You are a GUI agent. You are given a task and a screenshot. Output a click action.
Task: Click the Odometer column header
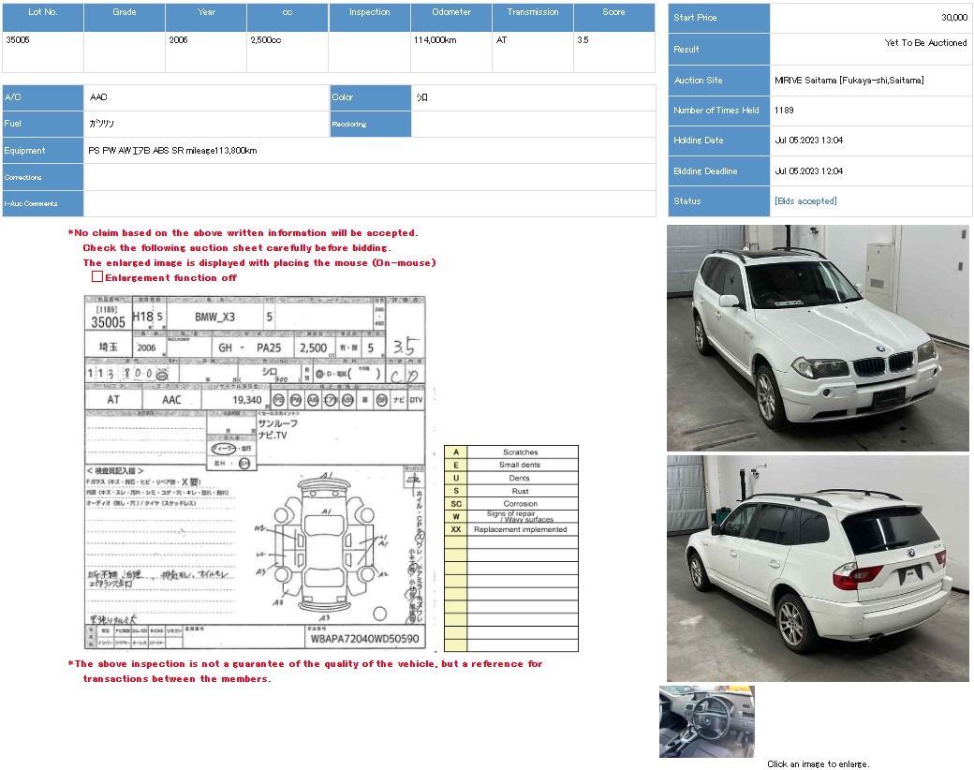tap(451, 13)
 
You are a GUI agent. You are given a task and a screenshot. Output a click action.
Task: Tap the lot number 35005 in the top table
tap(18, 40)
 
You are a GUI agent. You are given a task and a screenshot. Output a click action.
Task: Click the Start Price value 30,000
tap(953, 18)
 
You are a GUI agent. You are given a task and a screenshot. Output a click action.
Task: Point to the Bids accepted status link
tap(805, 201)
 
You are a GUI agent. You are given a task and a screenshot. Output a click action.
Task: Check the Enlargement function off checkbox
tap(96, 277)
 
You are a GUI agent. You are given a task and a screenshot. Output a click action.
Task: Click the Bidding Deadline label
tap(705, 171)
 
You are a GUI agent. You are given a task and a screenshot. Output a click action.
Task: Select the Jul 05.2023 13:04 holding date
tap(808, 141)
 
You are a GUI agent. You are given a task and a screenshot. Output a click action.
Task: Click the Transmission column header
tap(533, 13)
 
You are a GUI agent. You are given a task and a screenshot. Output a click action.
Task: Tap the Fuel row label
tap(12, 124)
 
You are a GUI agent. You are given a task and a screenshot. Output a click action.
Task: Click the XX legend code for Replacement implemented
tap(456, 529)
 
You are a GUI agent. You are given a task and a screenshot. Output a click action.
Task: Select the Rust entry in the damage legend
tap(521, 491)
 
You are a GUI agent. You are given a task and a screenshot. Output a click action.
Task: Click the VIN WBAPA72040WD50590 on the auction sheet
tap(364, 640)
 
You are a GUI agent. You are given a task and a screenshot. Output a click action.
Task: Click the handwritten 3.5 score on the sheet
tap(405, 348)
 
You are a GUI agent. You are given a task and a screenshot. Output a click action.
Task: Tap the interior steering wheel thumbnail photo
tap(706, 721)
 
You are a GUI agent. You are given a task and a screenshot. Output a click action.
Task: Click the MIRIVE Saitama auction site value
tap(849, 81)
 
